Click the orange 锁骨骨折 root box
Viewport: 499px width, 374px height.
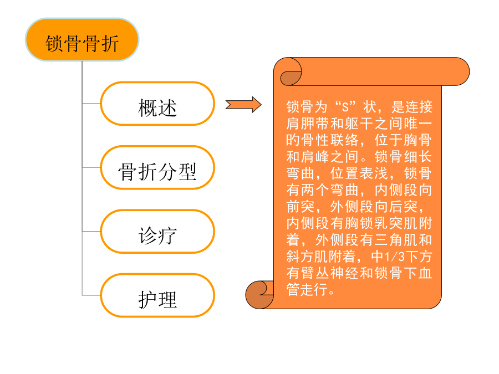(x=82, y=39)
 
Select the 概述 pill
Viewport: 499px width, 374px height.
(x=157, y=104)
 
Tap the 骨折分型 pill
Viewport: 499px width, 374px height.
(x=157, y=167)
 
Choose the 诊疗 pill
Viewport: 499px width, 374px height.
(x=157, y=231)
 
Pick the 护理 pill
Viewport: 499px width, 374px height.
(x=157, y=295)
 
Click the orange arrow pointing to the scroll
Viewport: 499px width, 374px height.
(x=243, y=104)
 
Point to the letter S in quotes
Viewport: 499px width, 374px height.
(x=345, y=107)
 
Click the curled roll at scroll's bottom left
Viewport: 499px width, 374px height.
(x=259, y=295)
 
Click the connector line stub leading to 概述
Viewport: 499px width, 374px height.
(x=91, y=104)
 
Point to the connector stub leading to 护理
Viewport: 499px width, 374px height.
(x=91, y=295)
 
